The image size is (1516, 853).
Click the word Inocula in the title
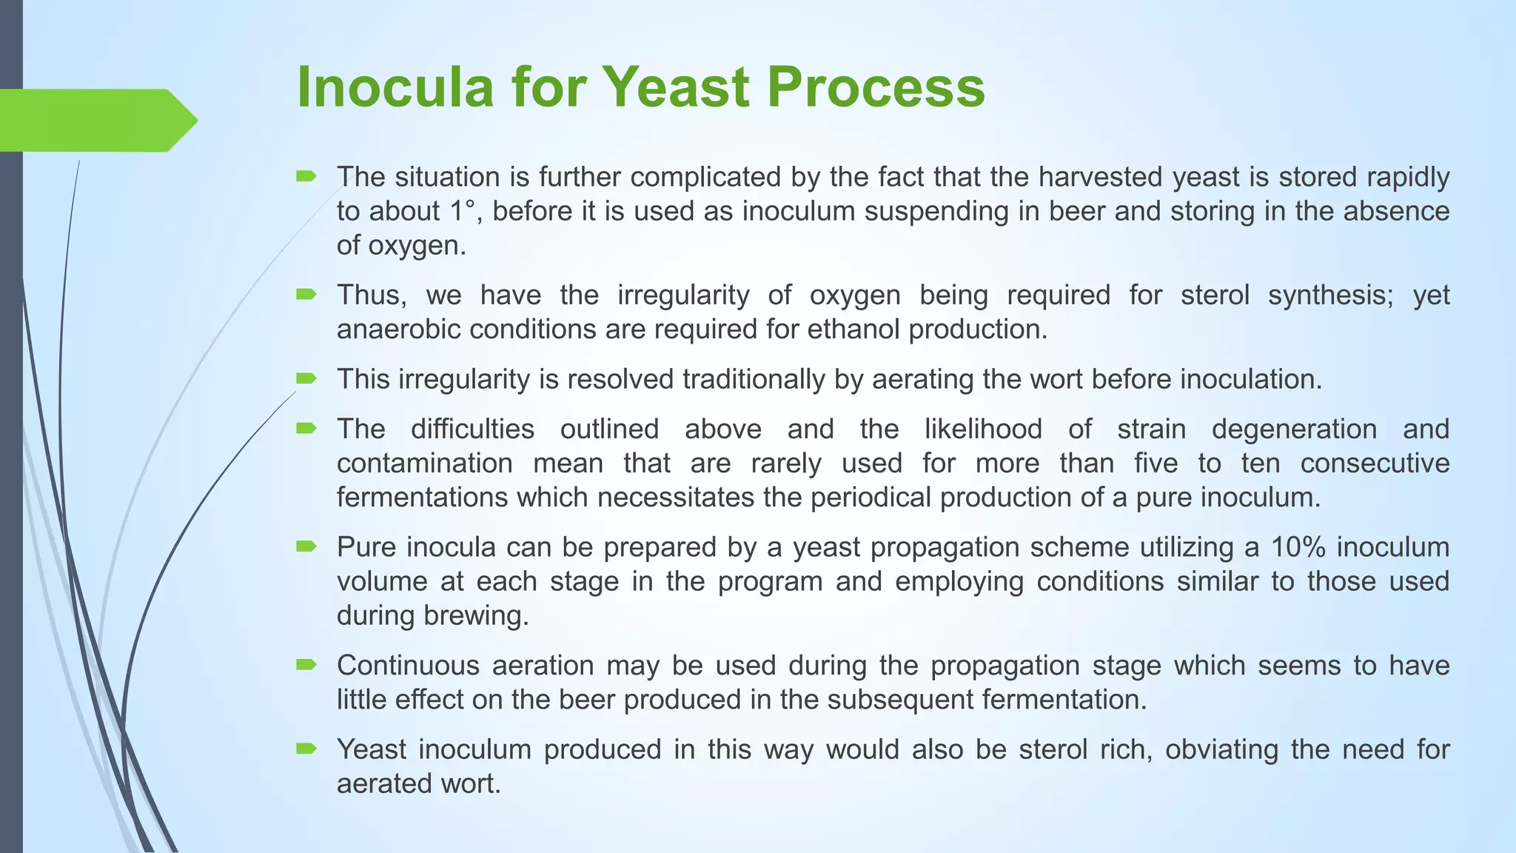coord(395,87)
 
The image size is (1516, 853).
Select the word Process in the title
coord(876,87)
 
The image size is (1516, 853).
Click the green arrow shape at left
coord(96,120)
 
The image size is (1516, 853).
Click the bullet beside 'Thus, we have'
coord(306,295)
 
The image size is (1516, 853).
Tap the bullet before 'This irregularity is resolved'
coord(306,379)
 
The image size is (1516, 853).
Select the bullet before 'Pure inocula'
coord(306,547)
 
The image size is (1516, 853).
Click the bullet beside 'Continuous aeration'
coord(306,665)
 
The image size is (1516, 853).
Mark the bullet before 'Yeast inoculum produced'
coord(306,749)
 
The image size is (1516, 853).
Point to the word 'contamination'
coord(425,464)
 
